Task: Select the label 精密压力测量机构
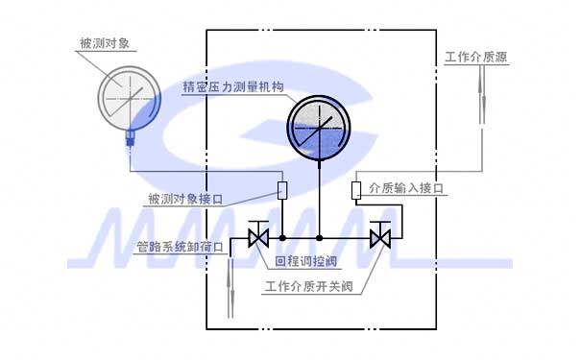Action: (x=234, y=87)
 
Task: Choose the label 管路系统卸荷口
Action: (x=180, y=247)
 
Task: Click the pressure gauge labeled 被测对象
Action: (x=132, y=96)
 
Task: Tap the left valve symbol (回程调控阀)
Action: (x=256, y=236)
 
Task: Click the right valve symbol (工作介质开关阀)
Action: (x=381, y=236)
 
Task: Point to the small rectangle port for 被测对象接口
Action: (x=282, y=189)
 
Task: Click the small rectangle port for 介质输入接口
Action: (x=356, y=189)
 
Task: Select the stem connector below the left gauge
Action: (x=130, y=141)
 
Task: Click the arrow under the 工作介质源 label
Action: (x=481, y=96)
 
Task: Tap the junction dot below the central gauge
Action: (x=319, y=236)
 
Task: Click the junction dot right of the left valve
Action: (x=282, y=236)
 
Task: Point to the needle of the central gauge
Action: (x=317, y=131)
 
